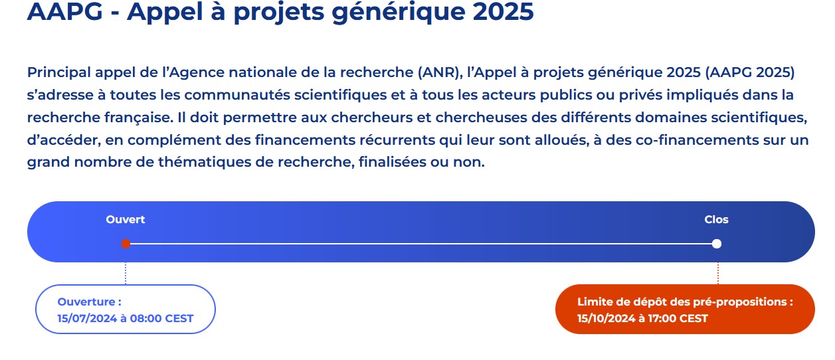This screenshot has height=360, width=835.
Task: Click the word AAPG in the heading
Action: [x=65, y=11]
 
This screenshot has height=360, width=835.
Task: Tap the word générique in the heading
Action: [x=399, y=13]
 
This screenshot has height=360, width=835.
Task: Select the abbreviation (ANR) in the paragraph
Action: [x=440, y=72]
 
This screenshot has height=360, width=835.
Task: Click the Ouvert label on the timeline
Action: [x=126, y=219]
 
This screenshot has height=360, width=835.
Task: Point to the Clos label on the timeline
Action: [x=716, y=219]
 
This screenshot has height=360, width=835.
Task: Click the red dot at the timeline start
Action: [x=126, y=244]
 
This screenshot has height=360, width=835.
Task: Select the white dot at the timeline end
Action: [x=717, y=244]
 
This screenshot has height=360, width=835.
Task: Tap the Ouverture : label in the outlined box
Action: [x=90, y=302]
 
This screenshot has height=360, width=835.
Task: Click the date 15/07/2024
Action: [x=87, y=318]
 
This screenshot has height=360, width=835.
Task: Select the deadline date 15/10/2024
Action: [x=606, y=318]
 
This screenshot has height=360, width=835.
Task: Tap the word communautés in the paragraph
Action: [x=237, y=95]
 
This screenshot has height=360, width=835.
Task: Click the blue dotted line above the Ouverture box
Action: [x=126, y=274]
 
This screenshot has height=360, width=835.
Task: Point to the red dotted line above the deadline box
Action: [x=718, y=274]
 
